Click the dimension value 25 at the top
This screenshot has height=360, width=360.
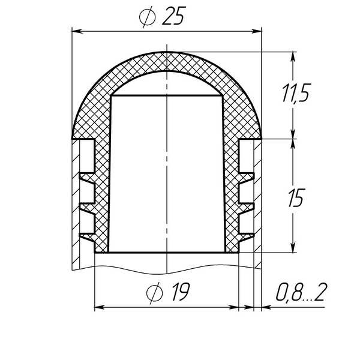point(174,16)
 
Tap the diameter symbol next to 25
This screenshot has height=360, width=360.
point(147,17)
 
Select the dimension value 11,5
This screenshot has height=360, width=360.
point(296,92)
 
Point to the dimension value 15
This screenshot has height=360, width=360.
point(296,197)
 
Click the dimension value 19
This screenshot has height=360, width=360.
point(181,292)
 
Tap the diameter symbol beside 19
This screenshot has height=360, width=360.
point(155,293)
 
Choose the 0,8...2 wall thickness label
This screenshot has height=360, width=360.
point(301,292)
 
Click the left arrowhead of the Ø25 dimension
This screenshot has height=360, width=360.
point(77,31)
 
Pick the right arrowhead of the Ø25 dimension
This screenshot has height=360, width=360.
point(256,31)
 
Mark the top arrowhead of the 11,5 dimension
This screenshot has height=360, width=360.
point(293,57)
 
